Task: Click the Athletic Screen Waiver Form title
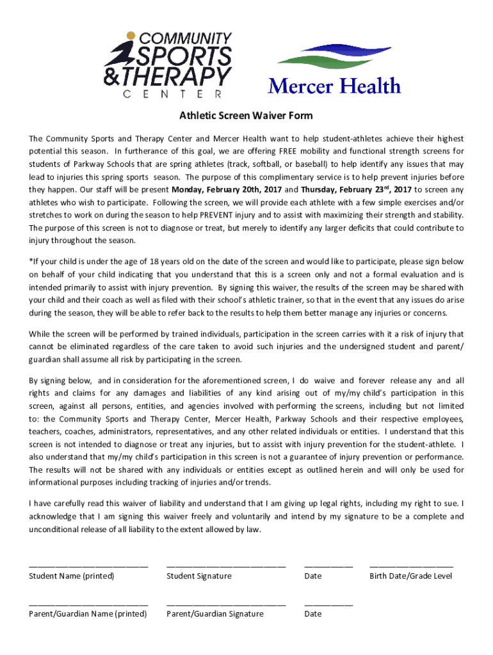246,116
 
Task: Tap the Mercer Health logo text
334,86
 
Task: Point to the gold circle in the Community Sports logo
131,36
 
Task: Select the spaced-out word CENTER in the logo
172,94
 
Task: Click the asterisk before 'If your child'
30,262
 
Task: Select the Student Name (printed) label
72,576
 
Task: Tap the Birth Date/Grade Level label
410,576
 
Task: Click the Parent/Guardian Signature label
214,613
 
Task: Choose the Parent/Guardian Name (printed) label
88,613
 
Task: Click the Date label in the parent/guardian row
313,613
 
